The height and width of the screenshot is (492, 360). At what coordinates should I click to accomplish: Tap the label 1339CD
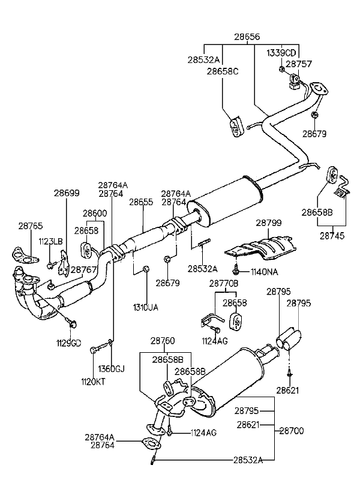[x=282, y=52]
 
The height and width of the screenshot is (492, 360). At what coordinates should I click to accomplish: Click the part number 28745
[x=332, y=236]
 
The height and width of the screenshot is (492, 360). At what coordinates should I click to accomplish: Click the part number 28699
[x=66, y=193]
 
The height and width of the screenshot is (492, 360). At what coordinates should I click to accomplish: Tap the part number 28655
[x=142, y=203]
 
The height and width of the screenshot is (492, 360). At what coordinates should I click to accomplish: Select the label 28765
[x=31, y=226]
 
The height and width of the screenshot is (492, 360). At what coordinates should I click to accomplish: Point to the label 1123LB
[x=51, y=241]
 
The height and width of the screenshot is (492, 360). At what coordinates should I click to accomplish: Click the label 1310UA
[x=146, y=307]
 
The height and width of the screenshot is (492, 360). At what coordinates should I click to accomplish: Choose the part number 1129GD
[x=68, y=343]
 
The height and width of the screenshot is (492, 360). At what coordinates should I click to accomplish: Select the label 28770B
[x=224, y=283]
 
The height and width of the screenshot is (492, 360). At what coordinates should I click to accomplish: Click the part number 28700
[x=292, y=431]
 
